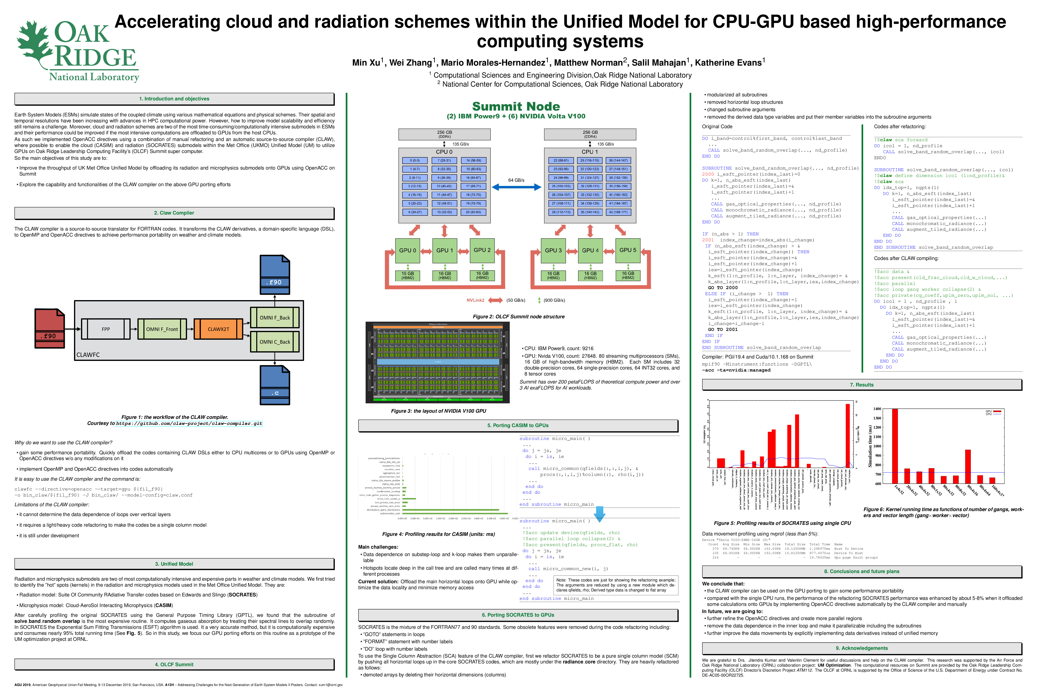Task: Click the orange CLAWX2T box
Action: (x=218, y=329)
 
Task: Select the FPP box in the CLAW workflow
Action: (x=106, y=329)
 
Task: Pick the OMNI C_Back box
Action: (x=275, y=342)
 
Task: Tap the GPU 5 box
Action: (x=628, y=250)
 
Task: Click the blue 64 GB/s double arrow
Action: (x=516, y=187)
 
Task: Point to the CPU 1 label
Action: (x=590, y=152)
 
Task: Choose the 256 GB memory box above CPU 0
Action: (x=444, y=134)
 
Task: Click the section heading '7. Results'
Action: (x=862, y=385)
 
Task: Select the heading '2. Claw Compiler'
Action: (x=174, y=213)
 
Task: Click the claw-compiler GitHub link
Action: (x=189, y=423)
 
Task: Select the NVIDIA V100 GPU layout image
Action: (x=437, y=362)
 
